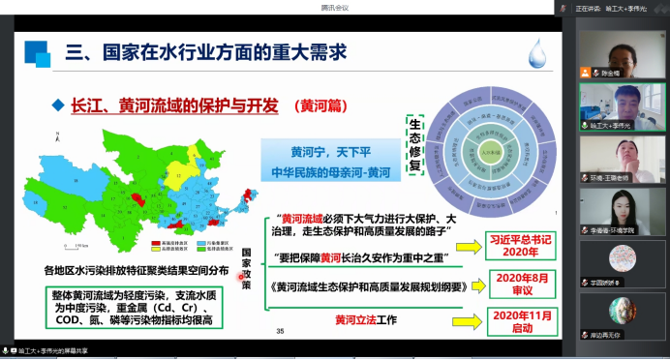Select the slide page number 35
(x=280, y=333)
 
